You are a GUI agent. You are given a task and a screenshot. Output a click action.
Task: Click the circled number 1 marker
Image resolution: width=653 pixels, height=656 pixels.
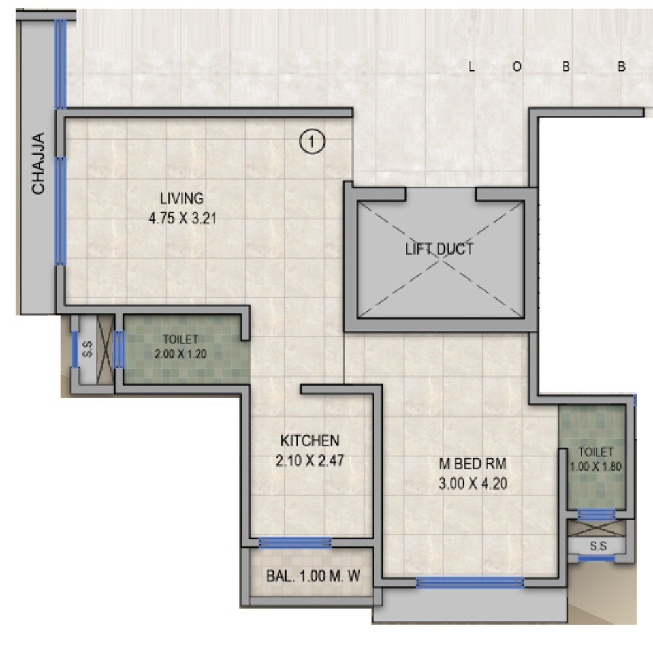(312, 141)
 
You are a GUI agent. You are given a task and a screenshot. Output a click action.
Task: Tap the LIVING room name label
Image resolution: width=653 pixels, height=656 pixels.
(182, 198)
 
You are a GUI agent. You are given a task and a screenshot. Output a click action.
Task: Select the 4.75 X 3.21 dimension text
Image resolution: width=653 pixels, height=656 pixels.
(182, 219)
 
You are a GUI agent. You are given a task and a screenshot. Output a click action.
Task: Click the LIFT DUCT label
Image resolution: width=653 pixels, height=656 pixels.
(439, 249)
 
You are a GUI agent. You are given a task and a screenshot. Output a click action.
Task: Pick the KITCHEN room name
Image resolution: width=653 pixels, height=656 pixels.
(310, 440)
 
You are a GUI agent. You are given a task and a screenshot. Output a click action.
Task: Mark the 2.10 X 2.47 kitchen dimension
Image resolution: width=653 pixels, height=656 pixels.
(310, 460)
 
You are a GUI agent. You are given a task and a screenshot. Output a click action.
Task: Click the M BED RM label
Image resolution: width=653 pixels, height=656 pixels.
(472, 464)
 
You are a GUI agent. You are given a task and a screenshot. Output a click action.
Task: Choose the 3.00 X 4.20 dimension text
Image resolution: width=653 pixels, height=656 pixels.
(473, 484)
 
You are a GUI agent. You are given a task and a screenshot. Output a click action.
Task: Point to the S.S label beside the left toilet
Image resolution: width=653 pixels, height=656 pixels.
(87, 352)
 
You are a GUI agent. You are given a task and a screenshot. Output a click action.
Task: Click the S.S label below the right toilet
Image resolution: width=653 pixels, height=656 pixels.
(597, 546)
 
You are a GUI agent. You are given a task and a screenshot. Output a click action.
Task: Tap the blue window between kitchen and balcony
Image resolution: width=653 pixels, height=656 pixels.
(295, 542)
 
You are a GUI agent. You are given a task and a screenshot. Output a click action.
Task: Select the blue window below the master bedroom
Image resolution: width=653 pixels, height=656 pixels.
(470, 582)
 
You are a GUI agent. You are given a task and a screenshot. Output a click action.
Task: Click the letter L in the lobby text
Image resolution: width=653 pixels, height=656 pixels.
(471, 67)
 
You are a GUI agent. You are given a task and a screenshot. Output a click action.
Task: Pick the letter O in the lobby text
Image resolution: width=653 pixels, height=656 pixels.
(516, 67)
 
